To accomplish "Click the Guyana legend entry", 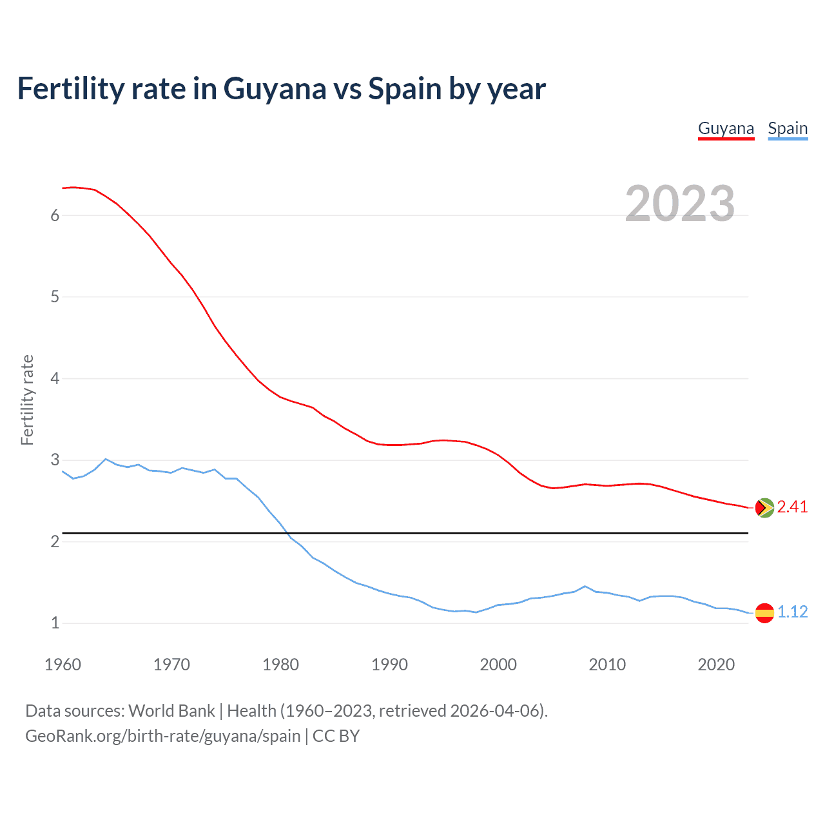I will pyautogui.click(x=726, y=128).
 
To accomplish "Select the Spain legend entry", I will pyautogui.click(x=788, y=128).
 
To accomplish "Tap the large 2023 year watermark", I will pyautogui.click(x=679, y=204).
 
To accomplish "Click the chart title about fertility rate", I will pyautogui.click(x=281, y=88).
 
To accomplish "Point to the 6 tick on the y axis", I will pyautogui.click(x=55, y=215).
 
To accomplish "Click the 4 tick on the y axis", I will pyautogui.click(x=55, y=378).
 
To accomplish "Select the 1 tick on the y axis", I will pyautogui.click(x=55, y=623).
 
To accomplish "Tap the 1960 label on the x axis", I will pyautogui.click(x=63, y=665).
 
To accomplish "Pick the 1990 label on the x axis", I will pyautogui.click(x=389, y=665).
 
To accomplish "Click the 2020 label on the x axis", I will pyautogui.click(x=716, y=665).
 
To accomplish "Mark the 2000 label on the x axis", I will pyautogui.click(x=498, y=665).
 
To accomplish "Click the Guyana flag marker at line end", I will pyautogui.click(x=764, y=508).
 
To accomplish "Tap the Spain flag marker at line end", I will pyautogui.click(x=764, y=612).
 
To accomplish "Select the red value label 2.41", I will pyautogui.click(x=792, y=507).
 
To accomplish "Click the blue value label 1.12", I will pyautogui.click(x=792, y=612).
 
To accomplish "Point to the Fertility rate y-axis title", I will pyautogui.click(x=27, y=400).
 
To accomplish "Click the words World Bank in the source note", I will pyautogui.click(x=171, y=711).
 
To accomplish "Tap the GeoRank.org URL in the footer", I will pyautogui.click(x=162, y=736).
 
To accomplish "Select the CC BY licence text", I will pyautogui.click(x=336, y=736).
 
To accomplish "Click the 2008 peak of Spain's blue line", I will pyautogui.click(x=585, y=587).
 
